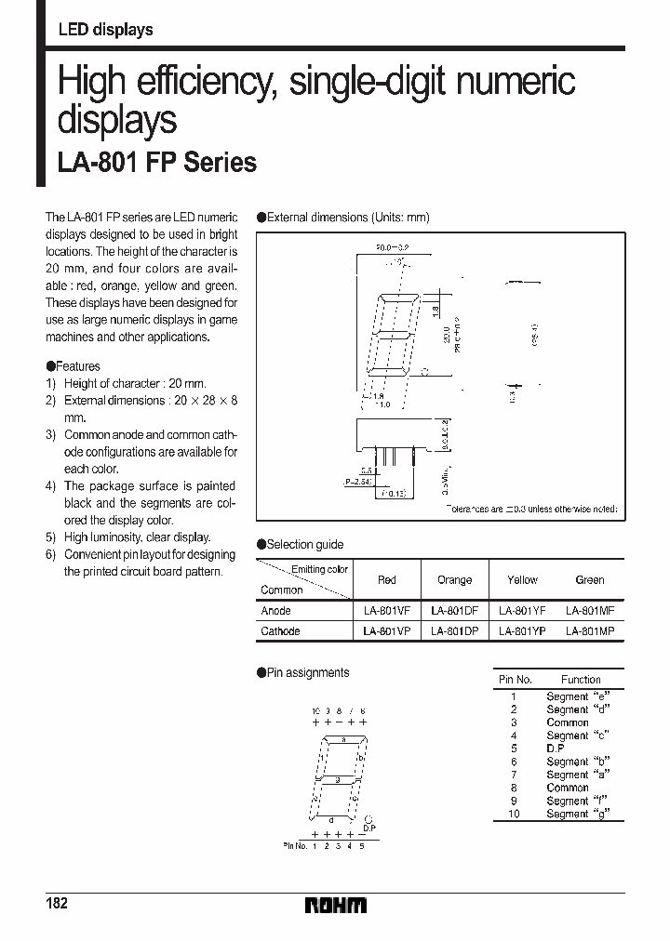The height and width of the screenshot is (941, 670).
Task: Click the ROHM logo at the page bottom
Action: [336, 905]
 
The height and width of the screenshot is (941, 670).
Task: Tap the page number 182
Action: [57, 905]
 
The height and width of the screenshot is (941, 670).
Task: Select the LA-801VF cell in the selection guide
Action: [387, 611]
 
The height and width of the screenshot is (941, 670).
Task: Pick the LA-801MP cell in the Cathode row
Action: [589, 630]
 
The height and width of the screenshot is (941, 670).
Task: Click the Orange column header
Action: [454, 580]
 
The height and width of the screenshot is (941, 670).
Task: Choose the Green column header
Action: [590, 580]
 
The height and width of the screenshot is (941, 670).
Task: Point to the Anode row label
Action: [276, 611]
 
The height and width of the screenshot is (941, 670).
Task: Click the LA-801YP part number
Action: [522, 630]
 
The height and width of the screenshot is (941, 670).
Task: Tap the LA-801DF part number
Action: [454, 611]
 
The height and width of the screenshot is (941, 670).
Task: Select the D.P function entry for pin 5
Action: [556, 749]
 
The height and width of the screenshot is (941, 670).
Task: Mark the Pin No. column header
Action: [515, 680]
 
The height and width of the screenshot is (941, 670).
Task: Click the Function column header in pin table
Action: [581, 680]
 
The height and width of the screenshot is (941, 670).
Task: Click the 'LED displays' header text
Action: [105, 31]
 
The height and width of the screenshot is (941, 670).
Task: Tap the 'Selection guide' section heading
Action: [304, 545]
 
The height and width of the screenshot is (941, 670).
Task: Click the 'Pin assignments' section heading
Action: [307, 672]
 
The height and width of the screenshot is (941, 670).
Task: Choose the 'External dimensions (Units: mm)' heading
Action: [348, 218]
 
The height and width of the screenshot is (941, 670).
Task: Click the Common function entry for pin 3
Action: [568, 722]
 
